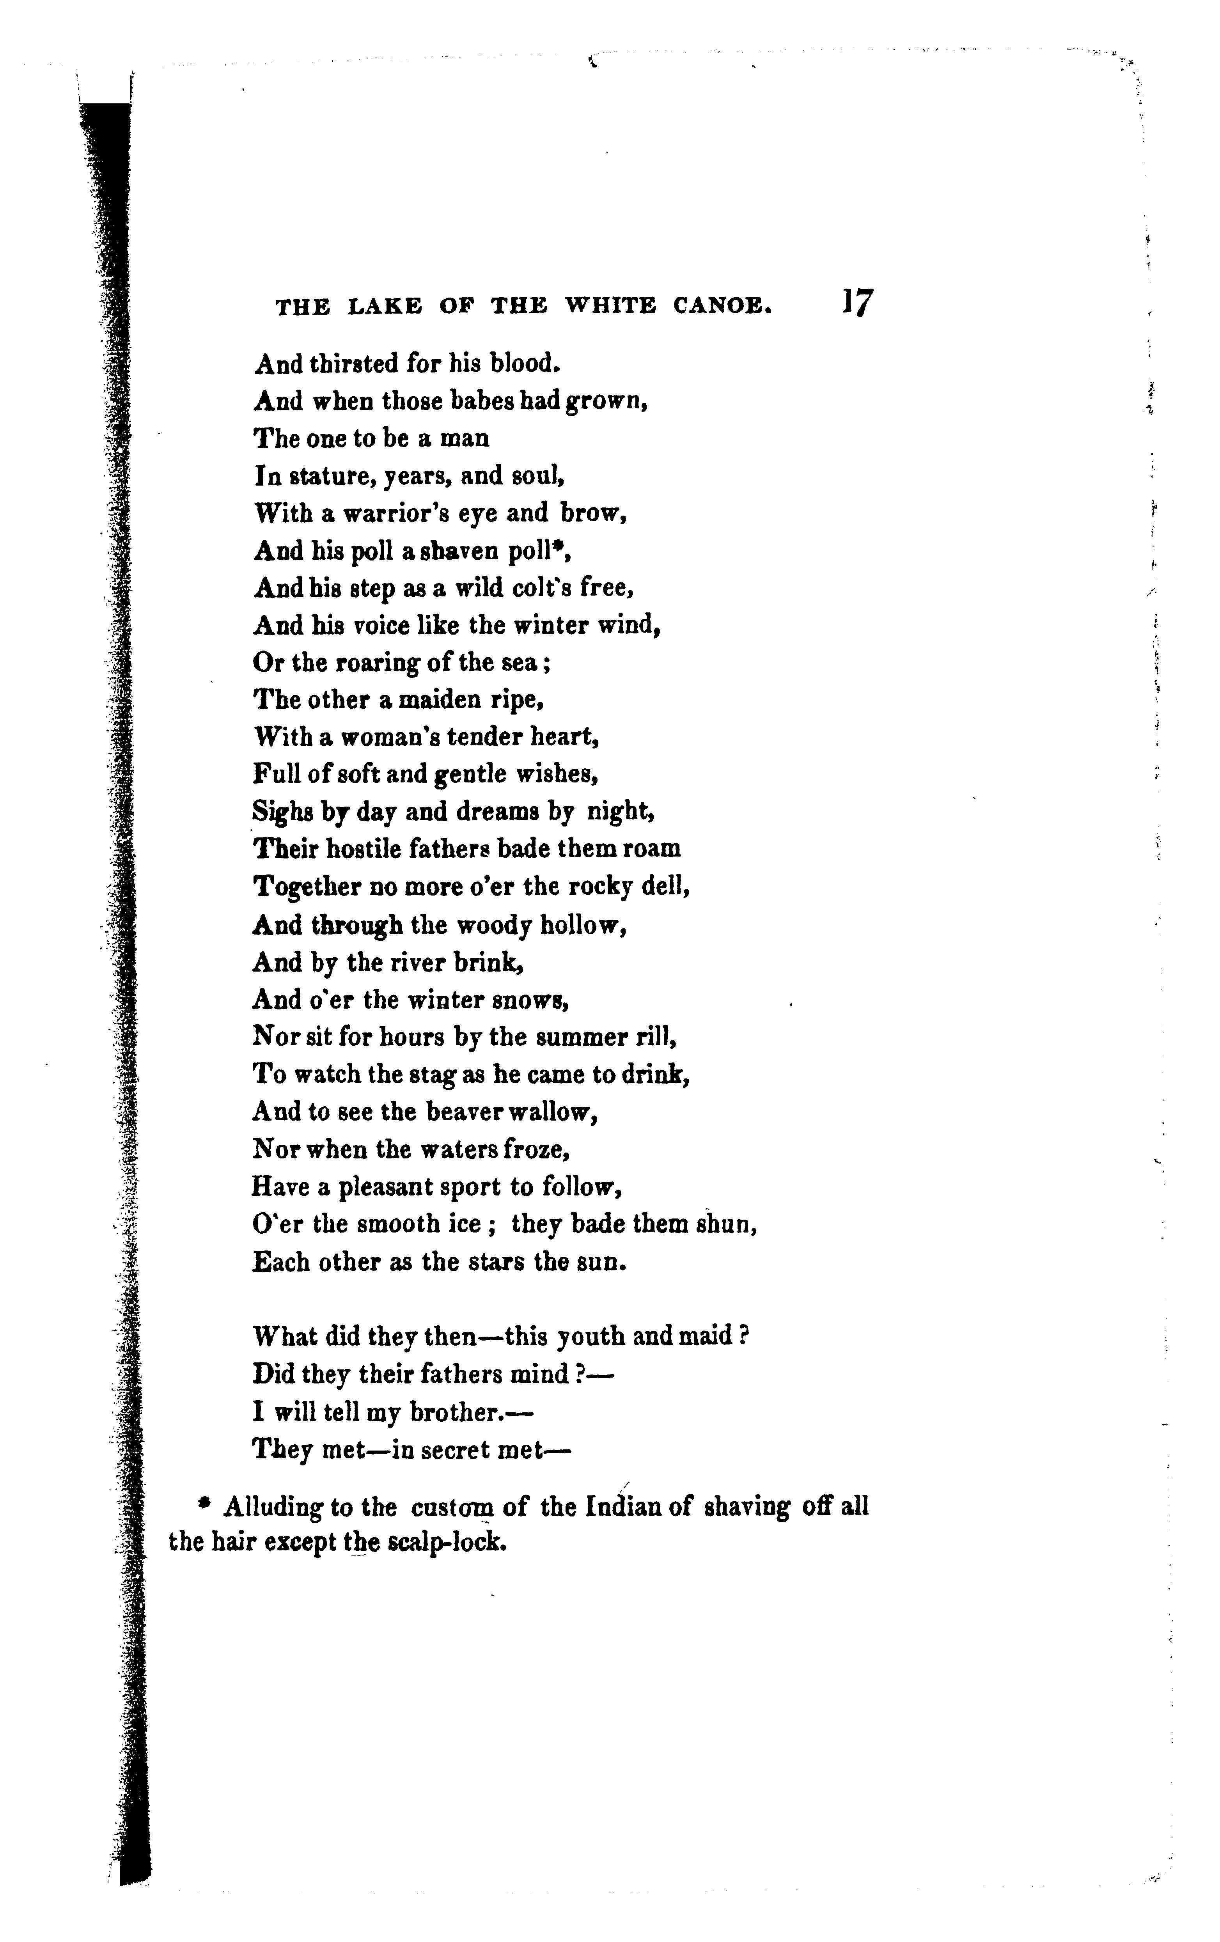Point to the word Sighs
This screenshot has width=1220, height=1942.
pos(283,811)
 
